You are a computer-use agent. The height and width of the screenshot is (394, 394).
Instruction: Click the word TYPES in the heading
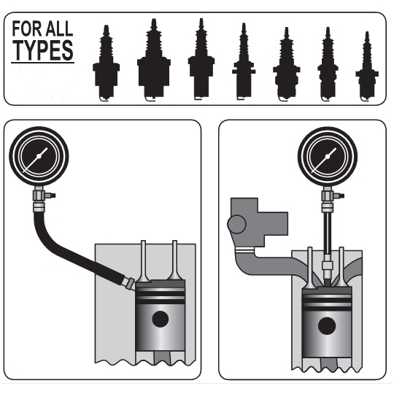tap(43, 50)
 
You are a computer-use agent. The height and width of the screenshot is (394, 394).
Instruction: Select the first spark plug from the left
tap(106, 63)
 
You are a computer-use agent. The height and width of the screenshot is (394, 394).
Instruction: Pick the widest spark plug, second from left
tap(154, 60)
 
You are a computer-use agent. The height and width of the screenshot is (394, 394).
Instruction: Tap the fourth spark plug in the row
tap(244, 61)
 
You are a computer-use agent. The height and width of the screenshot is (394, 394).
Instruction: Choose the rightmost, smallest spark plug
tap(367, 66)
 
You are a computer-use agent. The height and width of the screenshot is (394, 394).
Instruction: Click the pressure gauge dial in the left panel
tap(39, 156)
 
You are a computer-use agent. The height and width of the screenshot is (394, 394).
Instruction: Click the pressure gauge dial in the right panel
tap(328, 156)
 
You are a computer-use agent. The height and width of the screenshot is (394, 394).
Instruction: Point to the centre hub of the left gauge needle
tap(39, 156)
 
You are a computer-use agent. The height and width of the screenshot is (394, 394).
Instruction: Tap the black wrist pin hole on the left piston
tap(161, 319)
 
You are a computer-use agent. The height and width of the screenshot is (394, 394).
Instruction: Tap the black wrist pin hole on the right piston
tap(327, 326)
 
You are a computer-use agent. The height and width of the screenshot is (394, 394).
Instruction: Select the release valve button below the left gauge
tap(52, 196)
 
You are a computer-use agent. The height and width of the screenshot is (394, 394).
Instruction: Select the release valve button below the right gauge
tap(341, 196)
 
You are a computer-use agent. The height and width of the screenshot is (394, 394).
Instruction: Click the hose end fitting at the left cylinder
tap(130, 283)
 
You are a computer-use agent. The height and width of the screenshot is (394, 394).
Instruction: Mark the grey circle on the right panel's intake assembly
tap(236, 225)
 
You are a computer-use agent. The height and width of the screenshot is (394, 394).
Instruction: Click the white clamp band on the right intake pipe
tap(245, 250)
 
